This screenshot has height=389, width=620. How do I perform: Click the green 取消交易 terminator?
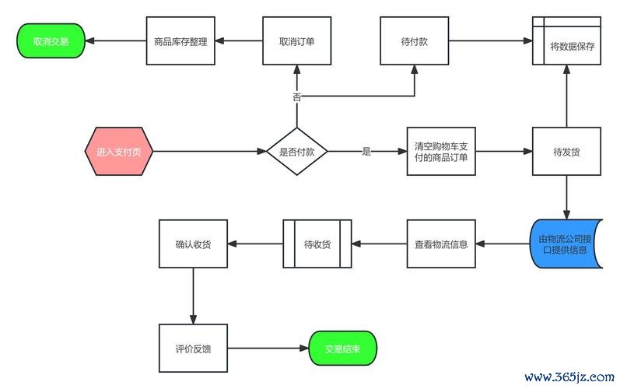[51, 41]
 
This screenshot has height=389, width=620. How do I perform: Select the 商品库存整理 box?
[180, 41]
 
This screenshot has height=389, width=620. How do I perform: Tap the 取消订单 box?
[296, 41]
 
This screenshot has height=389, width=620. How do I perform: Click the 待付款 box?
[414, 41]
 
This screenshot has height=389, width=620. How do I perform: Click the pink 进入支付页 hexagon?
[119, 152]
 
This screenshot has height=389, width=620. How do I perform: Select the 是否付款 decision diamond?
[296, 152]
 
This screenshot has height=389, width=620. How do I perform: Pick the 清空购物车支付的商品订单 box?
[441, 152]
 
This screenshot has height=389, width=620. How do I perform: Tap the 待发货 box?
[566, 152]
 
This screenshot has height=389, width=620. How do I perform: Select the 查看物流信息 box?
[441, 244]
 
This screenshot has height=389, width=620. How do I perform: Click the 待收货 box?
[317, 244]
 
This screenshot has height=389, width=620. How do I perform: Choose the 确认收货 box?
[193, 244]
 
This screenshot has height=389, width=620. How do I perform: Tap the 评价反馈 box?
[193, 349]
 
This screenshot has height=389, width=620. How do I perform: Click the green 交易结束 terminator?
[342, 349]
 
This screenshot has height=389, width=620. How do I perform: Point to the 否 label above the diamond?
[296, 97]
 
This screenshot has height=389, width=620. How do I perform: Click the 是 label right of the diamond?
[366, 152]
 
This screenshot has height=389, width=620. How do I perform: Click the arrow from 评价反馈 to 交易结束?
[268, 349]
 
